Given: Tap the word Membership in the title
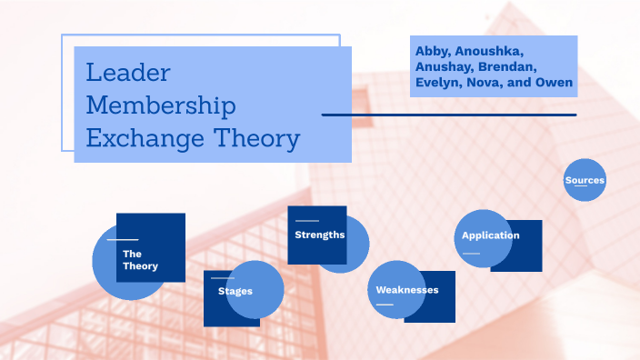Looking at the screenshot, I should [161, 106].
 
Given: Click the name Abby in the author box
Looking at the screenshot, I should [433, 49].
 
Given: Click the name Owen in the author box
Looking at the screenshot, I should [555, 84].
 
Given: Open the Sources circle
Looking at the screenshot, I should [585, 180].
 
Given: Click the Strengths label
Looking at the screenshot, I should [319, 235].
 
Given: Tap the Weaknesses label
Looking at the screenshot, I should [407, 290].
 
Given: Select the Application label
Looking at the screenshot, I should [490, 235].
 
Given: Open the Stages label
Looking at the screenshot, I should [235, 291].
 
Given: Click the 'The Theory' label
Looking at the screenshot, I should [140, 260].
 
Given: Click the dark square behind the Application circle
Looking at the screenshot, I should [528, 259].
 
